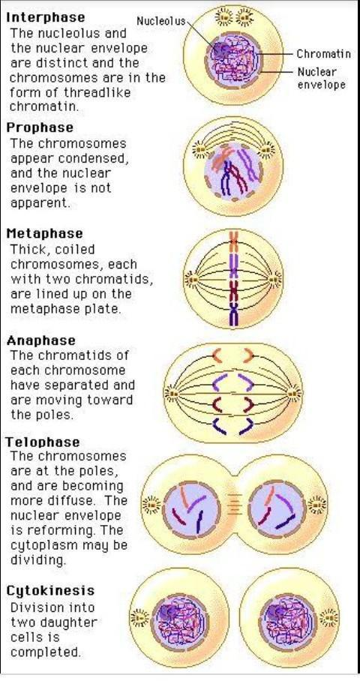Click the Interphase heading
coord(45,18)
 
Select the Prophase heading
coord(40,128)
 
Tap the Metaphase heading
coord(44,234)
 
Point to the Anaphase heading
coord(41,340)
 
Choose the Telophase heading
coord(43,442)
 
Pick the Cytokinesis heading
coord(50,591)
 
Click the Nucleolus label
coord(161,21)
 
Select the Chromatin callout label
coord(323,54)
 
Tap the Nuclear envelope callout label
coord(321,78)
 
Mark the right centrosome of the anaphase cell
coord(295,394)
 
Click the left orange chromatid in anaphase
coord(217,355)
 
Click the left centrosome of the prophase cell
coord(200,150)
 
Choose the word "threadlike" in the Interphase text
coord(97,92)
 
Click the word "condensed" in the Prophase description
coord(100,158)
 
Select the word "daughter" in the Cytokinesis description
coord(67,623)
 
